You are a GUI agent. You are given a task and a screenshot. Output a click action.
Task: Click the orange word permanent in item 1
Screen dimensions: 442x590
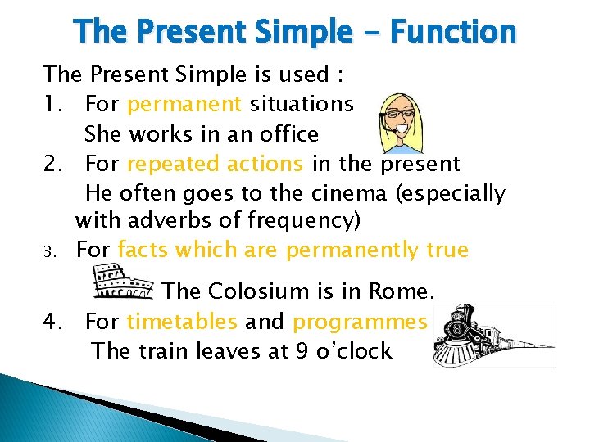pos(184,104)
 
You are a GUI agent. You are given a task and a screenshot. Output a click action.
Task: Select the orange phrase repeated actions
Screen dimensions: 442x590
pos(215,164)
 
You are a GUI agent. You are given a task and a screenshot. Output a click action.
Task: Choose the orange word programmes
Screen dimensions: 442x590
pos(360,322)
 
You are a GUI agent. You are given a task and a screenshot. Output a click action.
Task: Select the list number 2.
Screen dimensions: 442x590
pos(54,164)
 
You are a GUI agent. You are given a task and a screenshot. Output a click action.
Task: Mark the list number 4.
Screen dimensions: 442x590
pos(54,322)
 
